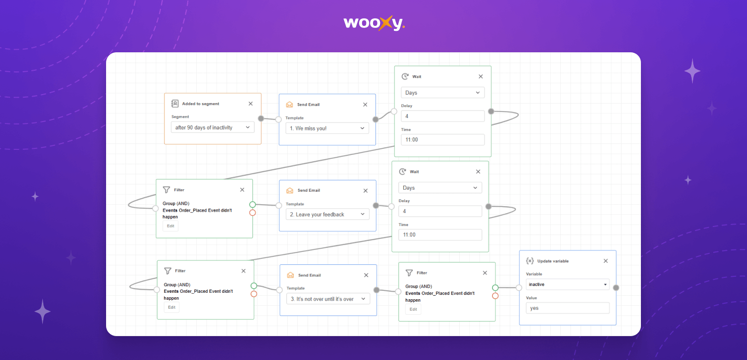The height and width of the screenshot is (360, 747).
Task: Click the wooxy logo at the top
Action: click(x=374, y=23)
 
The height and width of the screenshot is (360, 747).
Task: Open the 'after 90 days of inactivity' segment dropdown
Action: click(x=213, y=127)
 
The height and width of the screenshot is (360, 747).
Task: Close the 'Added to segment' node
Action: click(x=250, y=104)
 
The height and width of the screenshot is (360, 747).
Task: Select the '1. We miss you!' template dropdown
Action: click(x=327, y=128)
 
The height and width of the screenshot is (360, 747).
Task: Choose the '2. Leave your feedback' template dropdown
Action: click(x=328, y=214)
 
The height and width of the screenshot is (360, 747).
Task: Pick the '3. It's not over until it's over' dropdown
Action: click(x=328, y=299)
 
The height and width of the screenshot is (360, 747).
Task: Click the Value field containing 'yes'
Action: click(x=568, y=308)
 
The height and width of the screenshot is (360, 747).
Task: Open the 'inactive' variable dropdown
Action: click(x=568, y=284)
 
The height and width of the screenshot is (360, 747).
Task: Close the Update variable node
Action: click(x=606, y=261)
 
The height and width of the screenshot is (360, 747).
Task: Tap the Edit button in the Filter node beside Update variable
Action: click(x=413, y=309)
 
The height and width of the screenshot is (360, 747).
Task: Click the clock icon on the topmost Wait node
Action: click(x=405, y=76)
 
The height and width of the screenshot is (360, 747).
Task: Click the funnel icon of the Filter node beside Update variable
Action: click(x=409, y=273)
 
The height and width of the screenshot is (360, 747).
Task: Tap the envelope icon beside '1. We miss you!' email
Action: click(x=289, y=105)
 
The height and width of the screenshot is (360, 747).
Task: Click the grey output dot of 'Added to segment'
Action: click(x=261, y=119)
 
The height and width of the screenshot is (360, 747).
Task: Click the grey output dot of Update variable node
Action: click(x=616, y=288)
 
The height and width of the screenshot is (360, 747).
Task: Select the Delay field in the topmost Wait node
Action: click(x=443, y=116)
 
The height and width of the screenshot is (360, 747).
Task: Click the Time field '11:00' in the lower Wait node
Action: click(x=440, y=235)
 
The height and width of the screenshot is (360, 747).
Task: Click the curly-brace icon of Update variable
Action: click(x=530, y=261)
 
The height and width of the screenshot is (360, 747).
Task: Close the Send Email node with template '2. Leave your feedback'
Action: click(x=366, y=191)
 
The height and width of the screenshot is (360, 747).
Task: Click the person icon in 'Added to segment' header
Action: click(x=175, y=104)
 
